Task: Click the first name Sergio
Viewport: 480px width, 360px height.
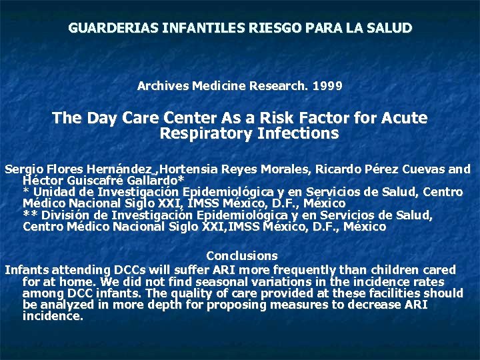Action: (21, 169)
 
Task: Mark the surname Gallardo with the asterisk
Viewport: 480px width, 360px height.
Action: (154, 181)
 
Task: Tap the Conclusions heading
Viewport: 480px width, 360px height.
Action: (241, 256)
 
